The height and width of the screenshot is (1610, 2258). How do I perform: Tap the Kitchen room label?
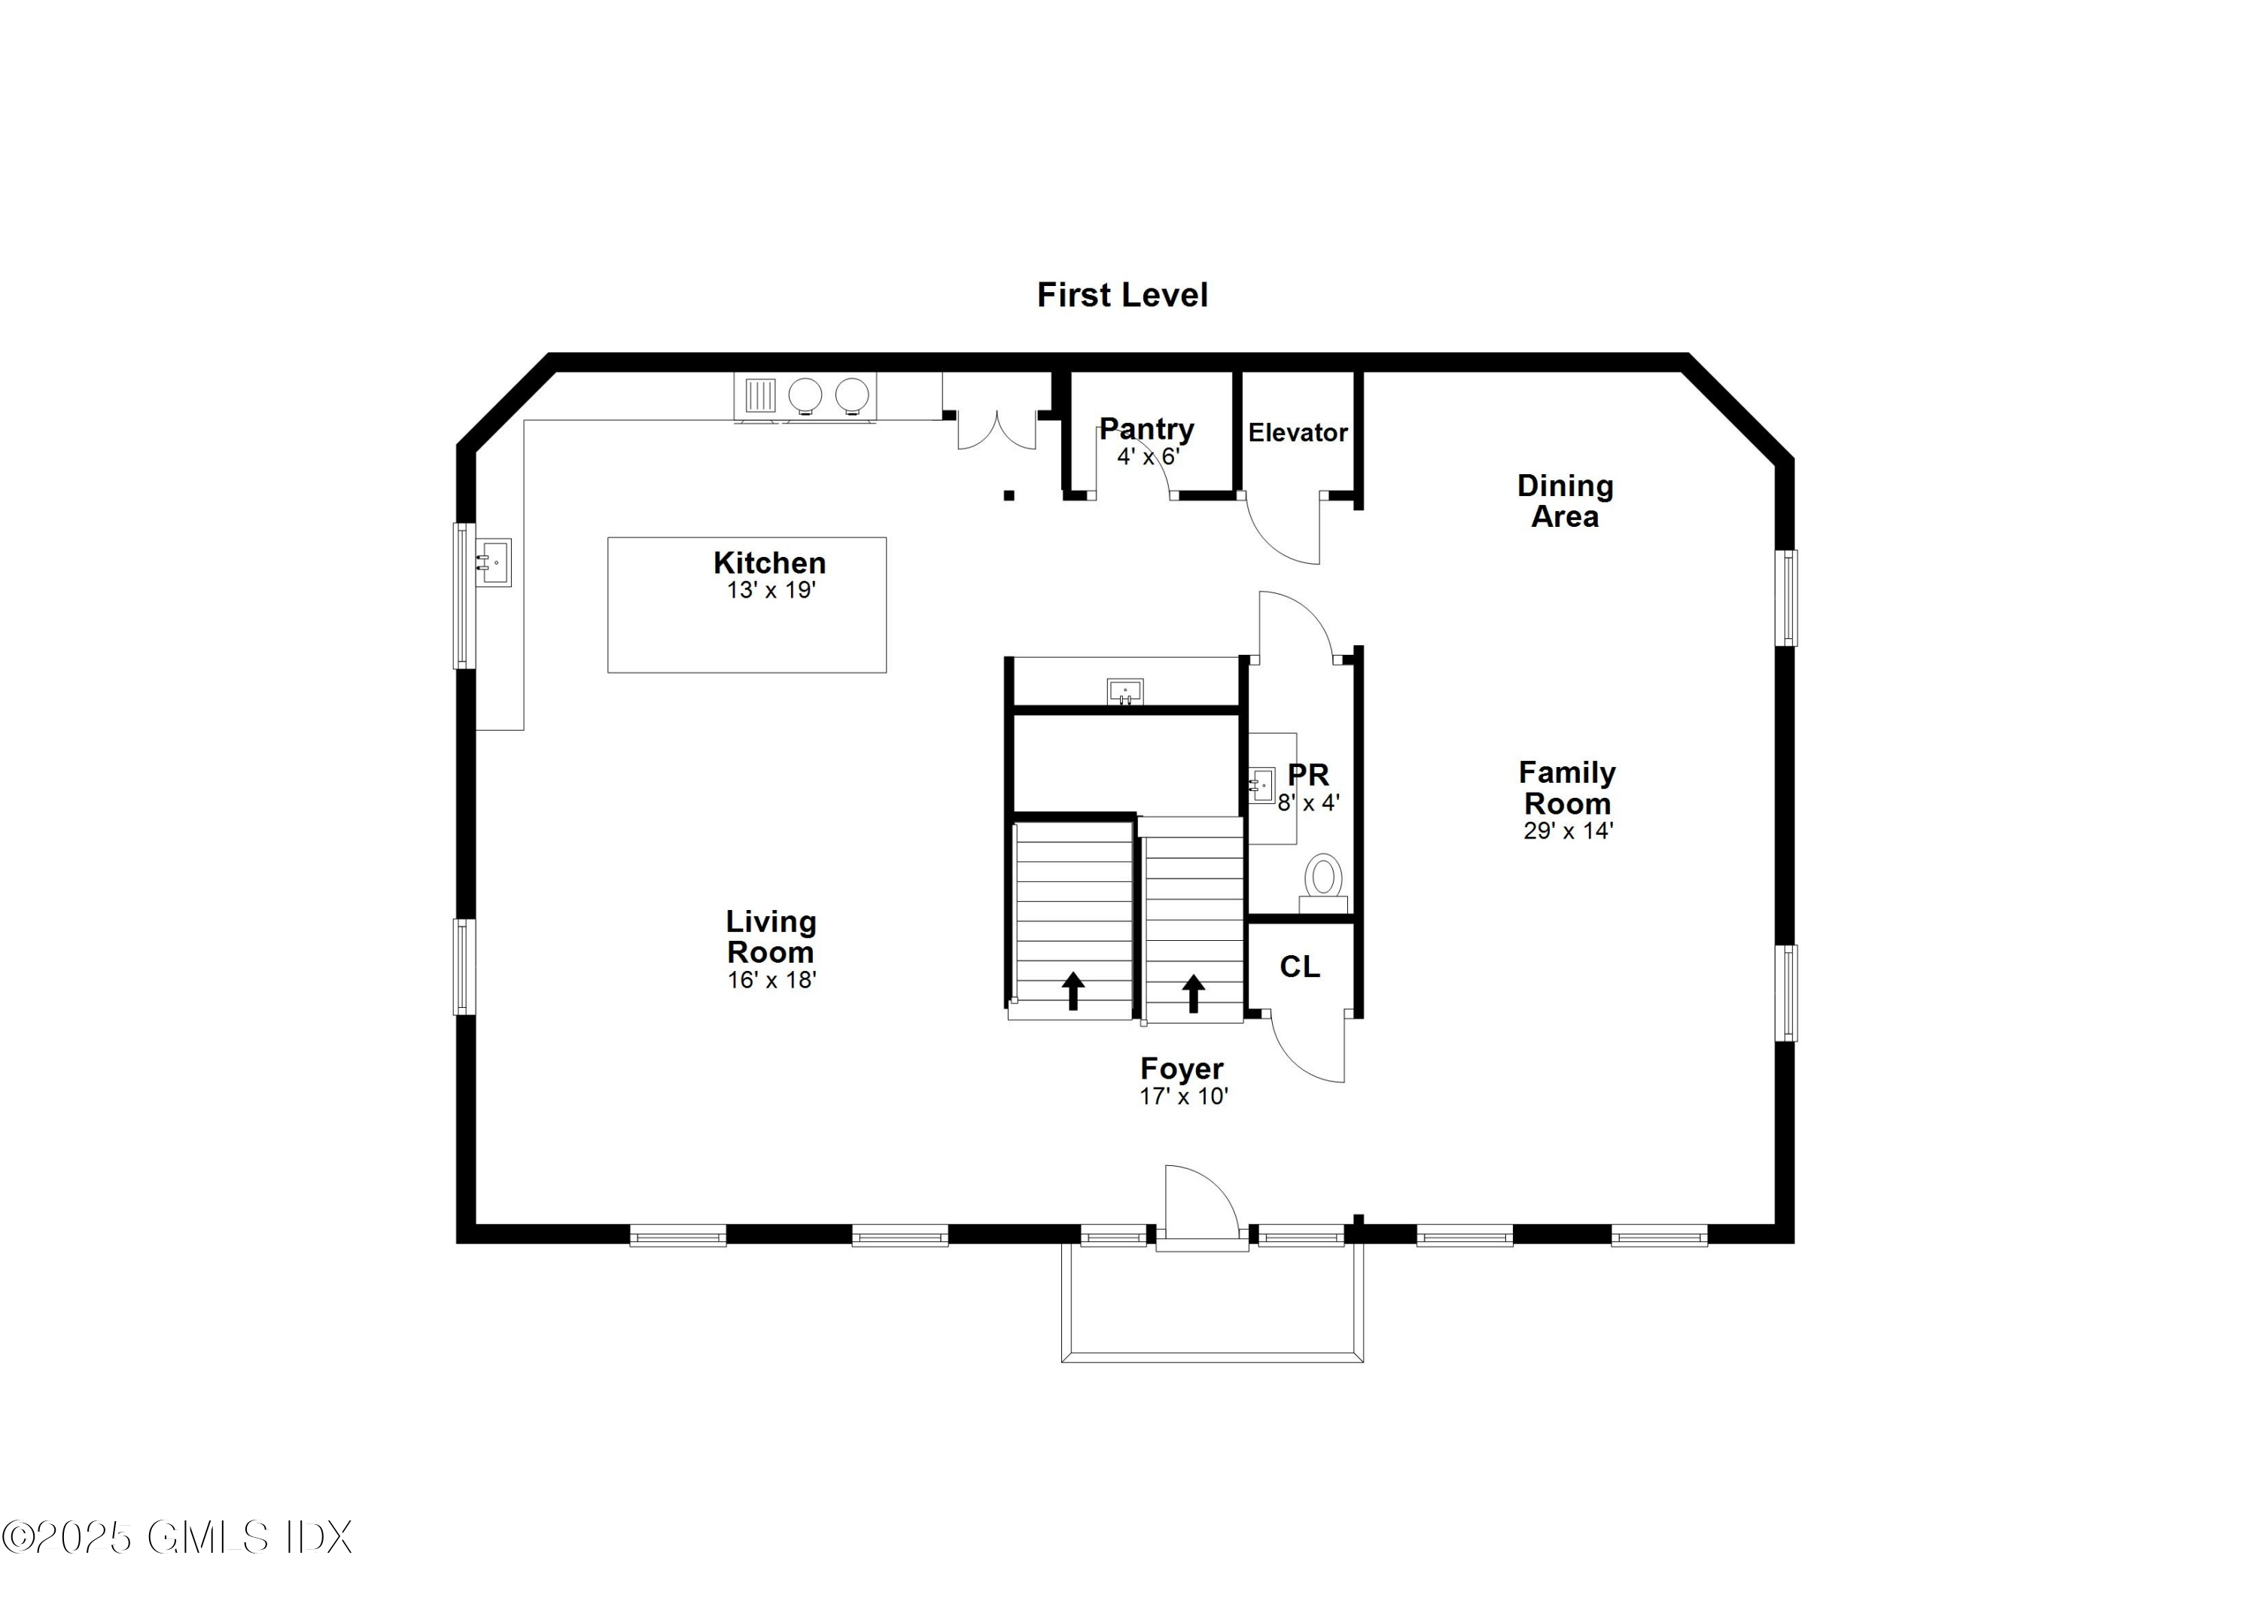coord(769,563)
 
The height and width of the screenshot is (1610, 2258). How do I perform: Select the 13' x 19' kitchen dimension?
coord(770,591)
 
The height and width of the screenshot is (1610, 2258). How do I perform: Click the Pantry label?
coord(1147,429)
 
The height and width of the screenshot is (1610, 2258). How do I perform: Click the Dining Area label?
coord(1564,501)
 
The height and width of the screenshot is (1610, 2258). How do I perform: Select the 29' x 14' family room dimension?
coord(1567,832)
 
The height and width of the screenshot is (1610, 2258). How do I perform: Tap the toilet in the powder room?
coord(1322,881)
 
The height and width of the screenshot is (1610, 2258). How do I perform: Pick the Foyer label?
coord(1182,1069)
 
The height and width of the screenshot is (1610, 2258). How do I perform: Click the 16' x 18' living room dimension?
coord(771,981)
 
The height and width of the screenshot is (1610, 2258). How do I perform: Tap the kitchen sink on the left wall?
coord(494,563)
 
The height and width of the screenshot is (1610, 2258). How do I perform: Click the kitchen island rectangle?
coord(747,635)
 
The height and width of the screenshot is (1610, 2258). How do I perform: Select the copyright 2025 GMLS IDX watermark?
coord(176,1538)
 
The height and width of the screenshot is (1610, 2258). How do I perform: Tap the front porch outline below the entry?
coord(1211,1356)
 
